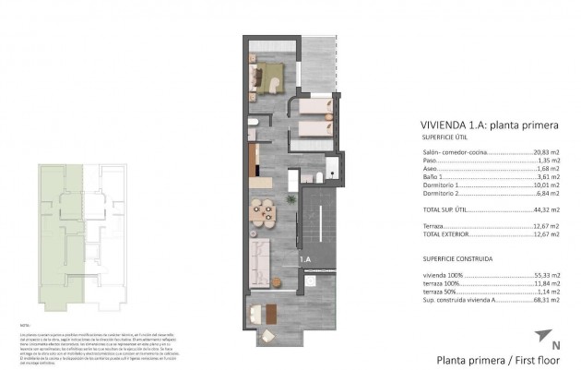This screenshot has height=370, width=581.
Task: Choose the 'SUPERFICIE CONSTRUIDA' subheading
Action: click(x=455, y=259)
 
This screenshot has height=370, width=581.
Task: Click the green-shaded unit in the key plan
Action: click(x=61, y=231)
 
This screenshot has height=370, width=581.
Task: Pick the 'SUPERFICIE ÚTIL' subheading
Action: click(x=445, y=138)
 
